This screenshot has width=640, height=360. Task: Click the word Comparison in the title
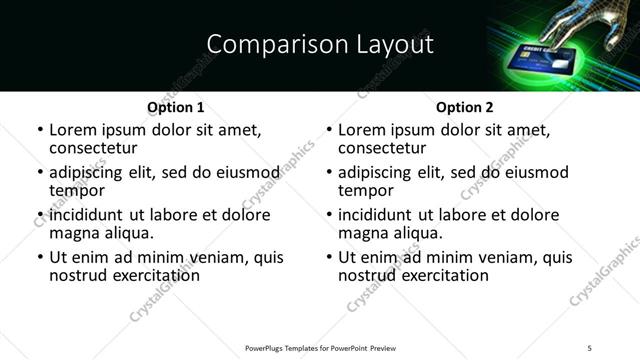pyautogui.click(x=262, y=45)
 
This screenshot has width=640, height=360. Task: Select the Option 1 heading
pyautogui.click(x=175, y=107)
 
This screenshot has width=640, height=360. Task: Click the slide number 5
pyautogui.click(x=590, y=347)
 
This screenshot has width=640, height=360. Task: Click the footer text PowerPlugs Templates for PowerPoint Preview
pyautogui.click(x=320, y=347)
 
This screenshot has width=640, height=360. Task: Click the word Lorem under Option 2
pyautogui.click(x=361, y=130)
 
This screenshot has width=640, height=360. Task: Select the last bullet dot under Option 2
pyautogui.click(x=329, y=258)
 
